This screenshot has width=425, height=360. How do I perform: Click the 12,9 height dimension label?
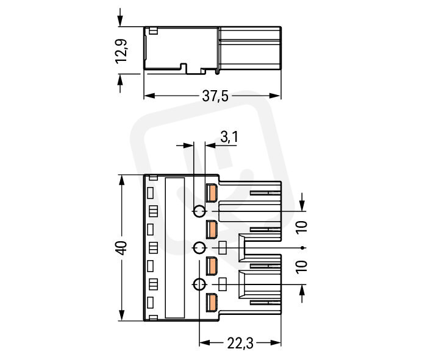[x=121, y=51]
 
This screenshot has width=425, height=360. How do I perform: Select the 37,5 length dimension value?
[x=215, y=96]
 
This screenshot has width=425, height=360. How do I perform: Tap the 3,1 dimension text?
[x=229, y=136]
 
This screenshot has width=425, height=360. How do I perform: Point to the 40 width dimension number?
[x=121, y=248]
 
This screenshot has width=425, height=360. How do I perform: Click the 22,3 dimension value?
[x=240, y=343]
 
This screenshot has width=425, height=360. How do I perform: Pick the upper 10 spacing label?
[x=302, y=227]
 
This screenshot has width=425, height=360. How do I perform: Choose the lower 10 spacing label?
[x=302, y=267]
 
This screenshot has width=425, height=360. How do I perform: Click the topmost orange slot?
[x=212, y=193]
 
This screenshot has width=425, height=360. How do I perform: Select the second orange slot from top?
[x=212, y=230]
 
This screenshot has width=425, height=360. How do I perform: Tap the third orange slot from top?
[x=212, y=266]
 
